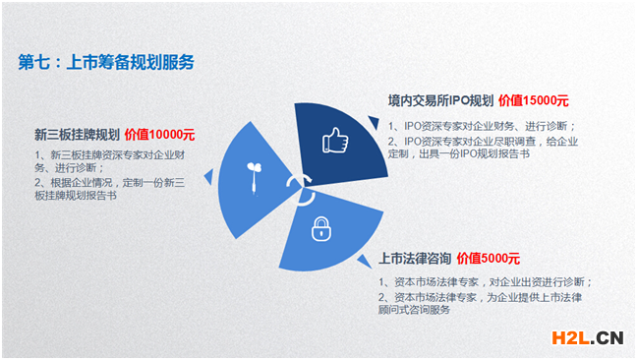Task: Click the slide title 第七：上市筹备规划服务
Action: point(107,62)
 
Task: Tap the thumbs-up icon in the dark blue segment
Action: point(335,141)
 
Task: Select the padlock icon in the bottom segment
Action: point(320,231)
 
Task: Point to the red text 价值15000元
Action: point(534,100)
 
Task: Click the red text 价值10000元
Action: point(160,135)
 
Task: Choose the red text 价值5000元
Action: point(488,259)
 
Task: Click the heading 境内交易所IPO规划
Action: point(439,100)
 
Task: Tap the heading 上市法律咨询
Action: point(415,259)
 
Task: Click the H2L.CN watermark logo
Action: point(585,337)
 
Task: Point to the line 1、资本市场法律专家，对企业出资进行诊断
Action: point(486,282)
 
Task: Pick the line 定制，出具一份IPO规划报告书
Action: point(466,153)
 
